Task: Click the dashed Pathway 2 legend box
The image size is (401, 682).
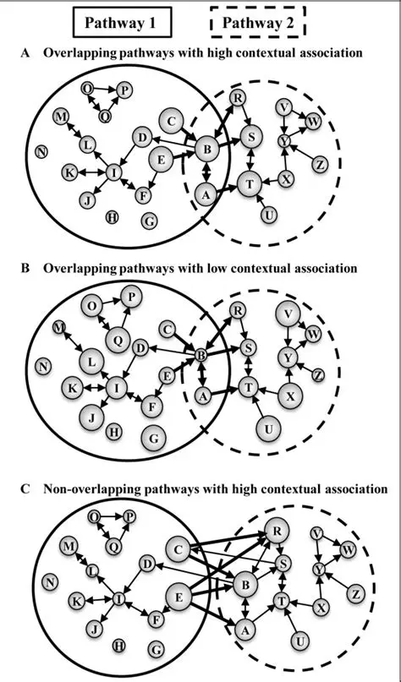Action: coord(257,24)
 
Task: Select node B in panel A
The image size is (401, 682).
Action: coord(206,150)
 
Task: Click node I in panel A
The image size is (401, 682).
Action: coord(114,173)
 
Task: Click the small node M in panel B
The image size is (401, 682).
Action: coord(58,327)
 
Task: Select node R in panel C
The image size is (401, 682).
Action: coord(274,531)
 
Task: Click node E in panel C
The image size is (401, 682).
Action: coord(180,597)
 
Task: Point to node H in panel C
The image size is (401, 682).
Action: coord(118,646)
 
